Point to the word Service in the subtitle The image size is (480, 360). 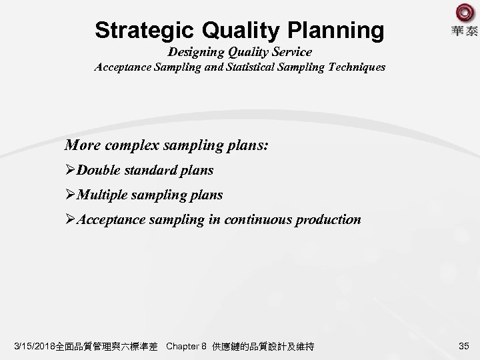tap(291, 52)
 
